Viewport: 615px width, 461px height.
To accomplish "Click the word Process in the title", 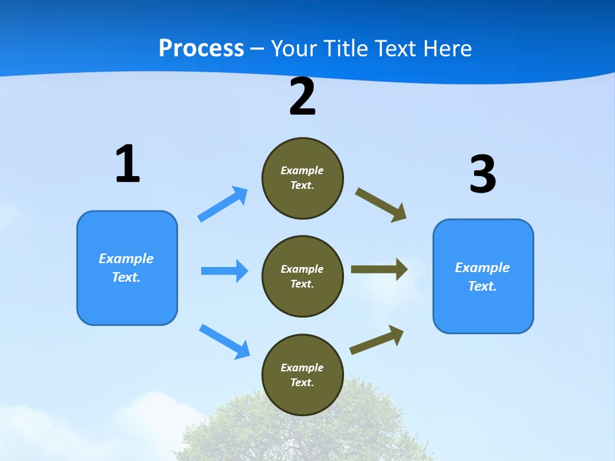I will click(x=201, y=48).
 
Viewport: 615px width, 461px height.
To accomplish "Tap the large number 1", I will click(x=127, y=165).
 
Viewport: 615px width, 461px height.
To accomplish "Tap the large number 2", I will click(x=302, y=97).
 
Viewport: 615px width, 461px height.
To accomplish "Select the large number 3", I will click(x=482, y=174).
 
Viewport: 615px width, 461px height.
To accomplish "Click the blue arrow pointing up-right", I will click(x=223, y=204).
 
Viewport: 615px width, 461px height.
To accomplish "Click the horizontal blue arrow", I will click(x=224, y=271).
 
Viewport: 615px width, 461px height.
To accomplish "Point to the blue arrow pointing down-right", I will click(x=224, y=341).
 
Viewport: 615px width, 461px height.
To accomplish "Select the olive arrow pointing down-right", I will click(x=381, y=205).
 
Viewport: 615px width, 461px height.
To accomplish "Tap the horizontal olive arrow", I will click(x=379, y=269).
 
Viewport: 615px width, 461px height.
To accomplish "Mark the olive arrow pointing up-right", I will click(x=377, y=340).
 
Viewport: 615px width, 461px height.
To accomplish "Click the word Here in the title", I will click(x=446, y=48).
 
